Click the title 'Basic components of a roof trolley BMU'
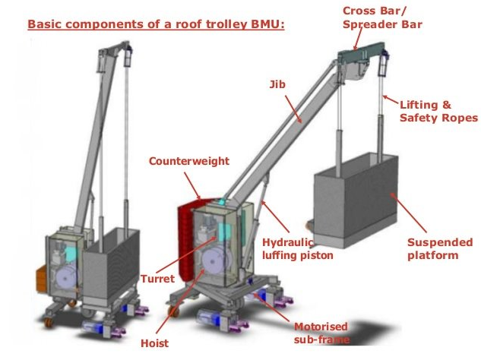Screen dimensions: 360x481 156,24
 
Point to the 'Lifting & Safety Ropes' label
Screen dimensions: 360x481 438,112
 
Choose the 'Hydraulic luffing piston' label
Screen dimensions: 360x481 297,248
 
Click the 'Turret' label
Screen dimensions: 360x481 157,279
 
